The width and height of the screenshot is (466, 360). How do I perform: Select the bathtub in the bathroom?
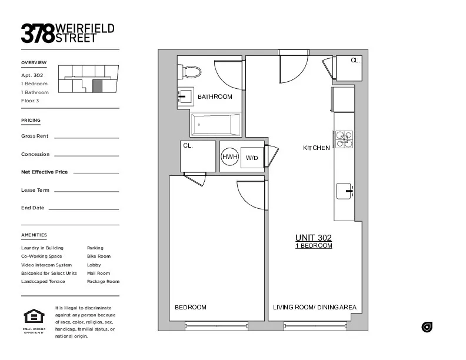coord(215,124)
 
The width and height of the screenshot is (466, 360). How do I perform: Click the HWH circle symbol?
coord(229,157)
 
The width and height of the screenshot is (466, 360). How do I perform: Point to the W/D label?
coord(252,158)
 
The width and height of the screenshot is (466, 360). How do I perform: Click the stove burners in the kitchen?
coord(344,139)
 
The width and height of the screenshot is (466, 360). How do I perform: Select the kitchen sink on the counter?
coord(344,191)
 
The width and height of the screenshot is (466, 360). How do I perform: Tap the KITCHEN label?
coord(316,148)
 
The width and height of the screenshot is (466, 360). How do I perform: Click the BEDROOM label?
coord(191,308)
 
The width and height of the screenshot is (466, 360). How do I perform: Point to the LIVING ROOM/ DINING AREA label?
coord(314,308)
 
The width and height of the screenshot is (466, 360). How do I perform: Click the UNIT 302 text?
coord(313,238)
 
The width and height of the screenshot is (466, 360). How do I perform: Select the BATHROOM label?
coord(215,96)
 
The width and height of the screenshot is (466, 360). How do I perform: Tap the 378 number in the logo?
coord(38,33)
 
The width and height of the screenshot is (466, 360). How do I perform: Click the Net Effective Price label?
coord(44,172)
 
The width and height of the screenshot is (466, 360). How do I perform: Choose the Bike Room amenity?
coord(98,256)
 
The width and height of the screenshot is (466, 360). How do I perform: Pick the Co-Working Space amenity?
coord(41,256)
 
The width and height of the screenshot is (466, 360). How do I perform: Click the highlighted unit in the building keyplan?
coord(98,86)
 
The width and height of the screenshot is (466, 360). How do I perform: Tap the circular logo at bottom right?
coord(427,327)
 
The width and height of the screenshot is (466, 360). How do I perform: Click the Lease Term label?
coord(35,191)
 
